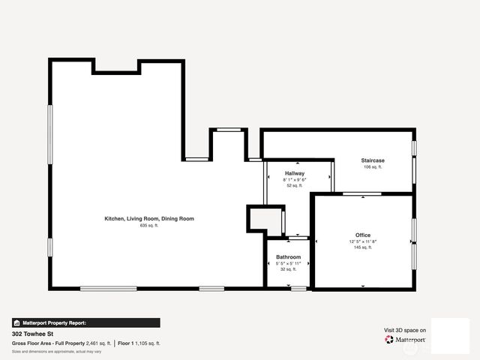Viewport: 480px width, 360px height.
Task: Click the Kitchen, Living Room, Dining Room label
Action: [x=148, y=218]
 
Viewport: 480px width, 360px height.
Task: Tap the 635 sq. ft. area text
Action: [x=148, y=225]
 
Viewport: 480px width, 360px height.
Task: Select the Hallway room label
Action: [x=294, y=173]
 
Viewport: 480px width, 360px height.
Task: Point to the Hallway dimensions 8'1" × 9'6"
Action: [x=294, y=180]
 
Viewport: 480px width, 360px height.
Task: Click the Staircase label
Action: [x=373, y=160]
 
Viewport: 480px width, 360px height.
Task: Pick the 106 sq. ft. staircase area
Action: [x=373, y=167]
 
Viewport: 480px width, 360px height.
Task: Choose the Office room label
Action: [x=363, y=235]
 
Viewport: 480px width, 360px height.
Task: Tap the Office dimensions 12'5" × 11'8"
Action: [x=363, y=241]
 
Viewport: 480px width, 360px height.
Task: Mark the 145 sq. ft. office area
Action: [x=363, y=247]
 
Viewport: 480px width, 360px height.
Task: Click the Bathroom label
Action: [x=288, y=257]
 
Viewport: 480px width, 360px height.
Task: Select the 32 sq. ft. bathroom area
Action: [x=288, y=270]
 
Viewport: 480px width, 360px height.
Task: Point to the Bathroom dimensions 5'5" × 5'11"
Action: [x=288, y=264]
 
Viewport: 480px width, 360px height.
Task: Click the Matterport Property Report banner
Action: [x=85, y=322]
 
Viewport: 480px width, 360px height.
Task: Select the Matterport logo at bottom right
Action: [x=406, y=340]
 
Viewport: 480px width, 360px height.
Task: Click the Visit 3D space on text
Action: [x=405, y=330]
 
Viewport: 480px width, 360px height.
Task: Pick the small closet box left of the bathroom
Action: [x=265, y=220]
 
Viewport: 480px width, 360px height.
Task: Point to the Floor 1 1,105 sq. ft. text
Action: [x=139, y=343]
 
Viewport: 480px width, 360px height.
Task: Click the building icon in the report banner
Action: [x=17, y=322]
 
